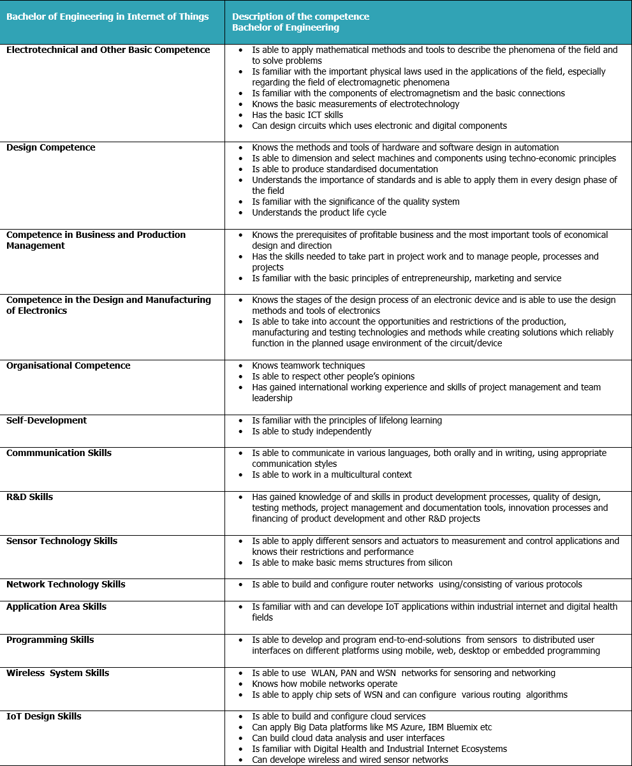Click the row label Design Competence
pos(50,147)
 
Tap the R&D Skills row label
pos(29,497)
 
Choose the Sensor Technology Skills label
pos(62,541)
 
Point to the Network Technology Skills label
pos(66,584)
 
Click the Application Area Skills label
pos(56,607)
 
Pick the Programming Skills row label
pos(50,640)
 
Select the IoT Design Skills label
pos(43,716)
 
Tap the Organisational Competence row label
pos(68,365)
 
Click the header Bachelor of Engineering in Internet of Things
pos(107,17)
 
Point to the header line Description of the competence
pos(300,17)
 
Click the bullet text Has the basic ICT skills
pos(297,115)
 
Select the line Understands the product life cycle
pos(319,212)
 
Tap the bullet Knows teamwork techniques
pos(308,365)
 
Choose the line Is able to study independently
pos(311,431)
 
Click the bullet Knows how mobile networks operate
pos(324,684)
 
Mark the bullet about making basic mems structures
pos(351,563)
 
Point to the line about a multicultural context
pos(332,475)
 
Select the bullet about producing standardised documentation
pos(344,169)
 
